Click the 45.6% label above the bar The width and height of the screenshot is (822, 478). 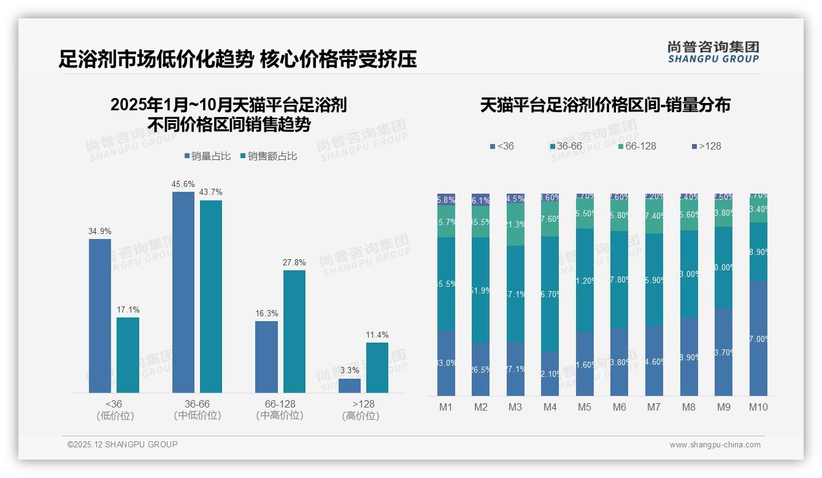[183, 184]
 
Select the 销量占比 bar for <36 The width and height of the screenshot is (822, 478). [100, 316]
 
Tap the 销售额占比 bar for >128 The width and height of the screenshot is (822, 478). [377, 368]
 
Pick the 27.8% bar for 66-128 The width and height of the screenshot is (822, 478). [294, 331]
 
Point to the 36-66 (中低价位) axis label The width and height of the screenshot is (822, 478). [198, 409]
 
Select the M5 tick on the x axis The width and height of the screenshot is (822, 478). [585, 407]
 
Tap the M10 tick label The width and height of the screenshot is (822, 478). [758, 407]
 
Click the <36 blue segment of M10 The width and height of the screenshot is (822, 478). [758, 338]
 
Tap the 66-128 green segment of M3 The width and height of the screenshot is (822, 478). [515, 224]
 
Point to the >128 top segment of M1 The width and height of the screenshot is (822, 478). [446, 200]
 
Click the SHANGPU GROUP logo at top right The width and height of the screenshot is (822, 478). [713, 52]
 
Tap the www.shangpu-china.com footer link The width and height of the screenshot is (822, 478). [715, 445]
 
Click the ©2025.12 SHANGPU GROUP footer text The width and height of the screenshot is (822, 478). [123, 444]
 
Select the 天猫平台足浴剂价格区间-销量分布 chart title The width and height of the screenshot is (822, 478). [605, 105]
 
